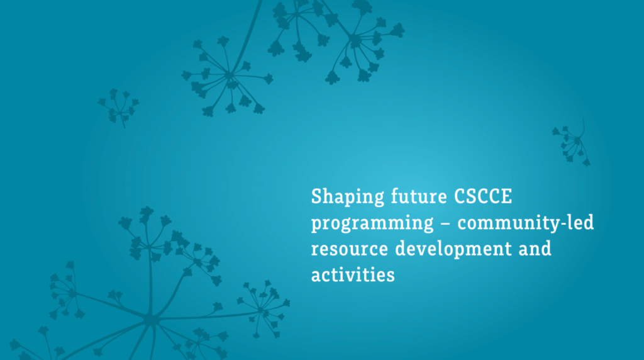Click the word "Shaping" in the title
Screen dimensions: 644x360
347,197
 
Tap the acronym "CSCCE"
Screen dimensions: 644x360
483,196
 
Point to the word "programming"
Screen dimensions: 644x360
372,223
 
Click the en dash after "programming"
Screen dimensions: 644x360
446,224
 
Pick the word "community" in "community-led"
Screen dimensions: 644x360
508,223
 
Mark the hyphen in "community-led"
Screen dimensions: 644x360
563,224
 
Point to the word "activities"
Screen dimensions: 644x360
353,274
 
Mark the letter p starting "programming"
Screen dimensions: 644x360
317,225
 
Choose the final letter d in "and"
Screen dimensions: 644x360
546,248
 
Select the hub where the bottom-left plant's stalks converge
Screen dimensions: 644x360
151,319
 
